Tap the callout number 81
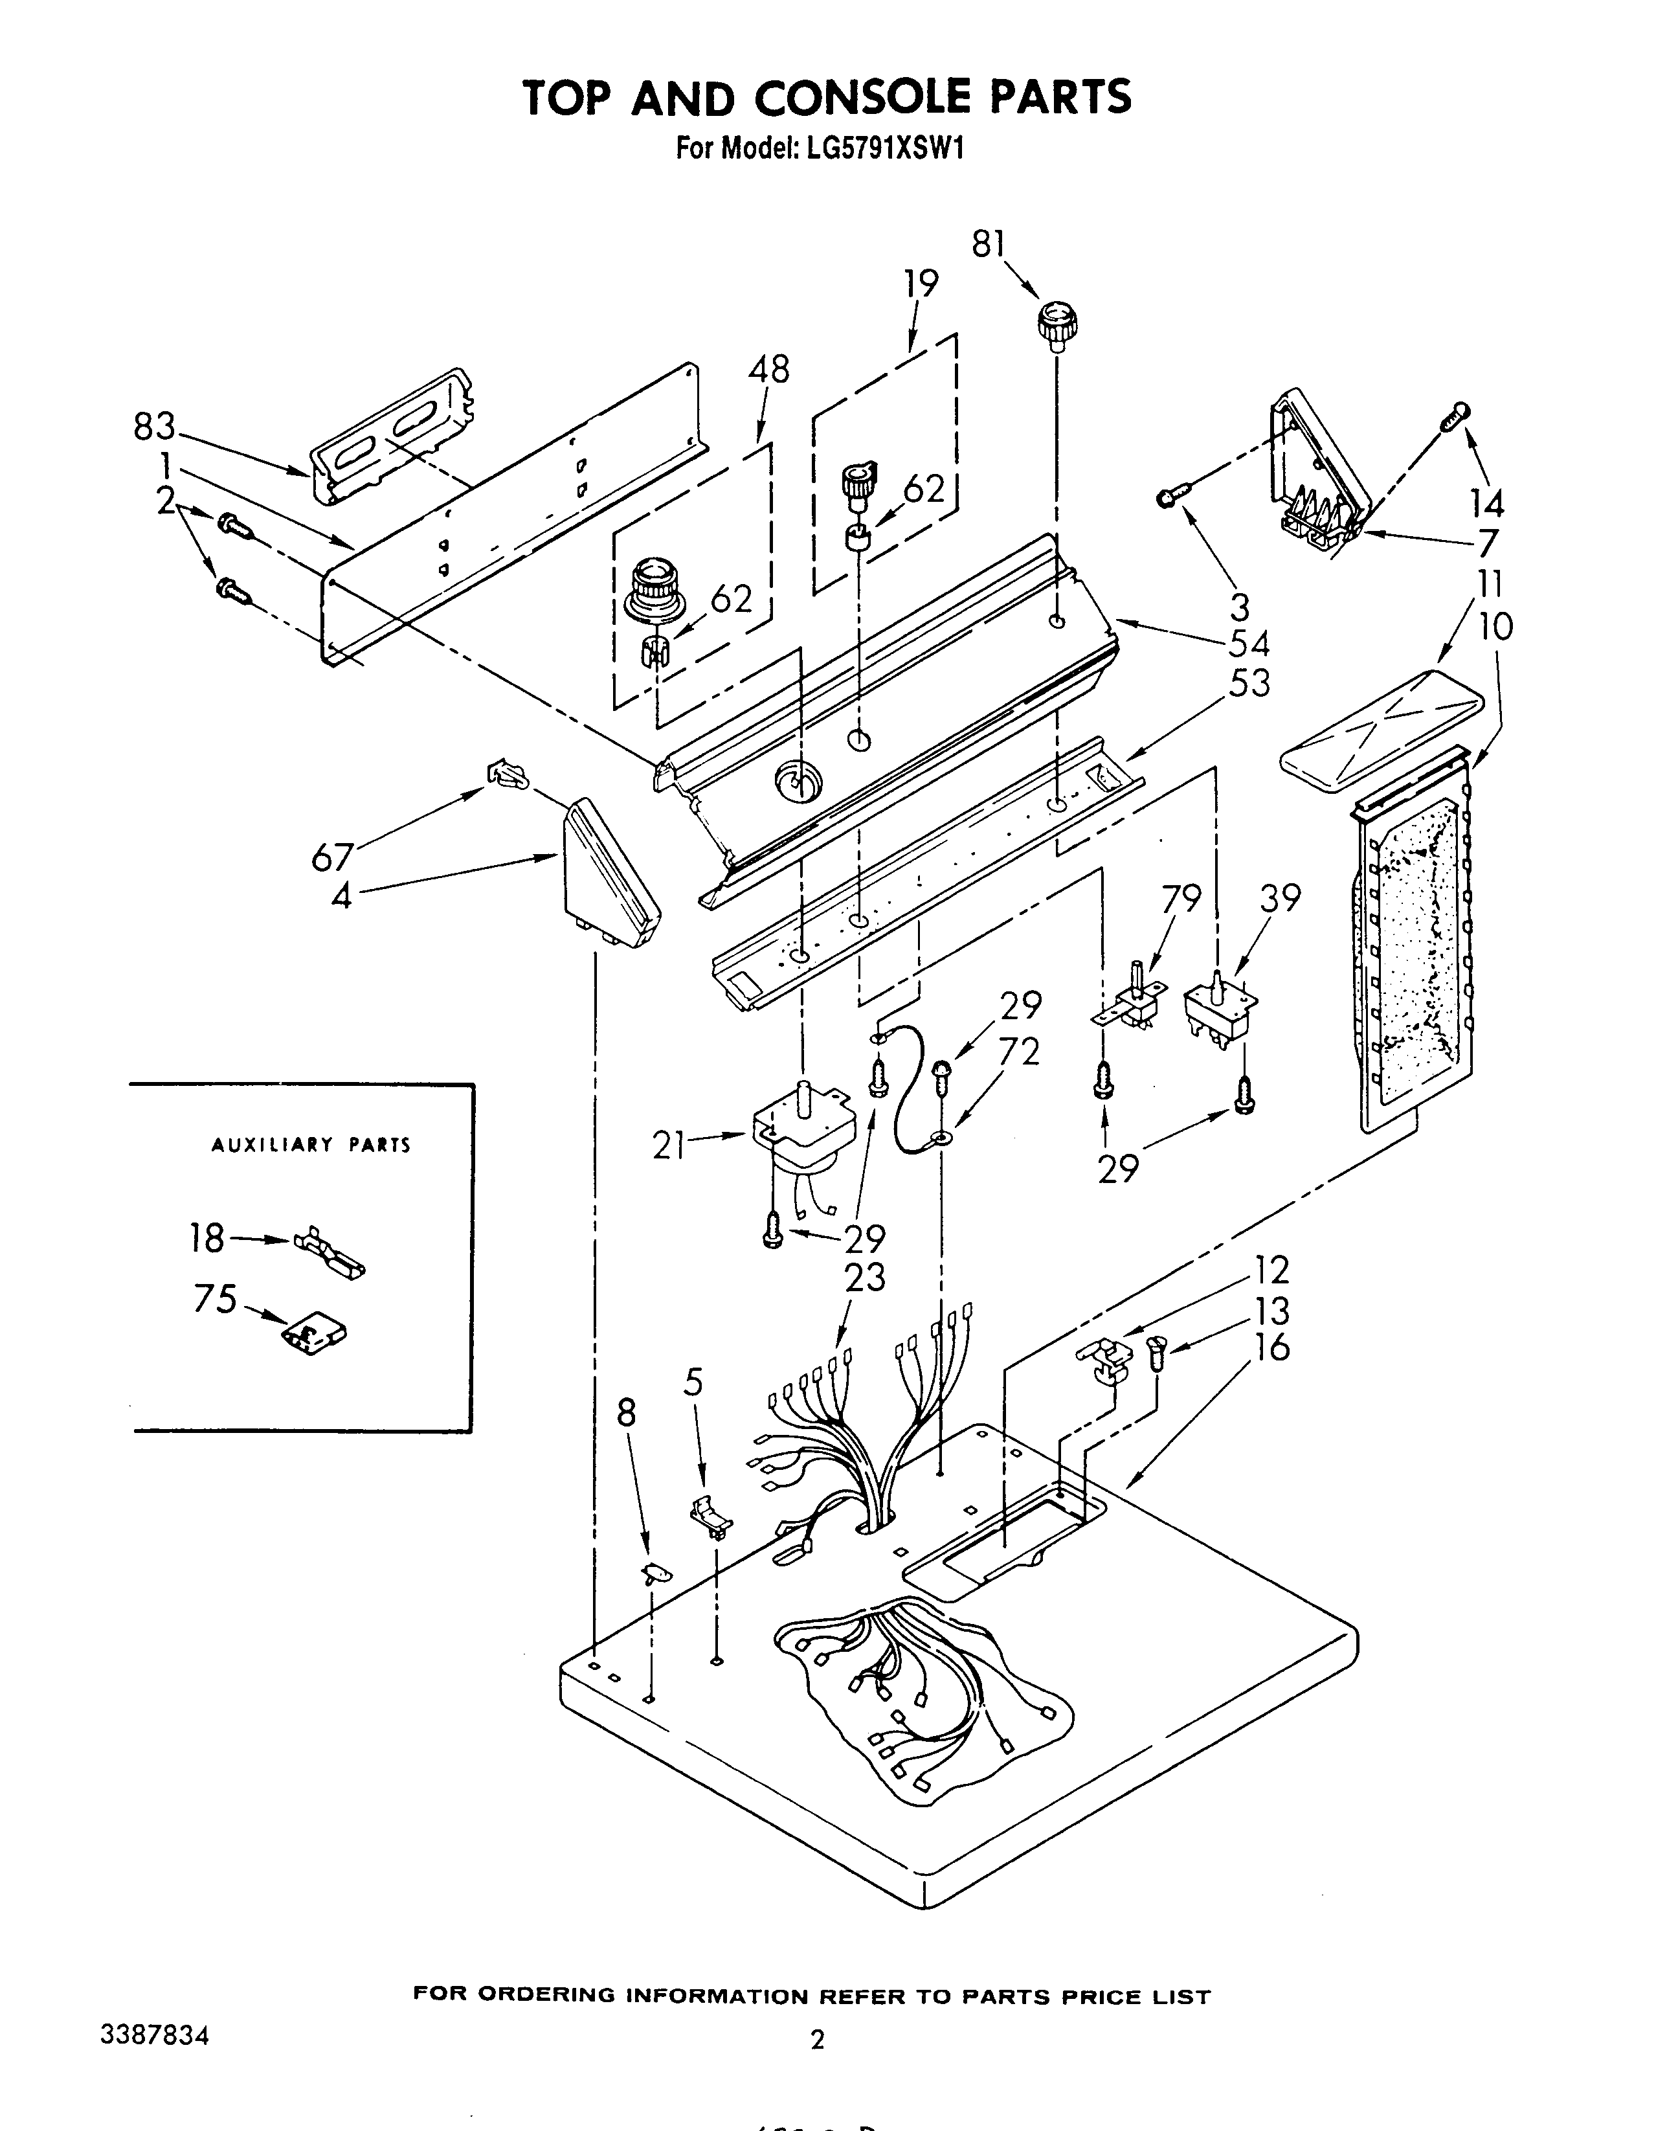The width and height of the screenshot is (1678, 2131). click(989, 243)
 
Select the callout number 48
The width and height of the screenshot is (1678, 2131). click(768, 370)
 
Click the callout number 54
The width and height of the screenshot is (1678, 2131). click(1249, 644)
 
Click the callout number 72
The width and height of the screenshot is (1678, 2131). click(1019, 1052)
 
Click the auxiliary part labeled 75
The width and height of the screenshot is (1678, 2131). click(315, 1334)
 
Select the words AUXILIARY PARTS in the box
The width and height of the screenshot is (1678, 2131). click(311, 1145)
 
